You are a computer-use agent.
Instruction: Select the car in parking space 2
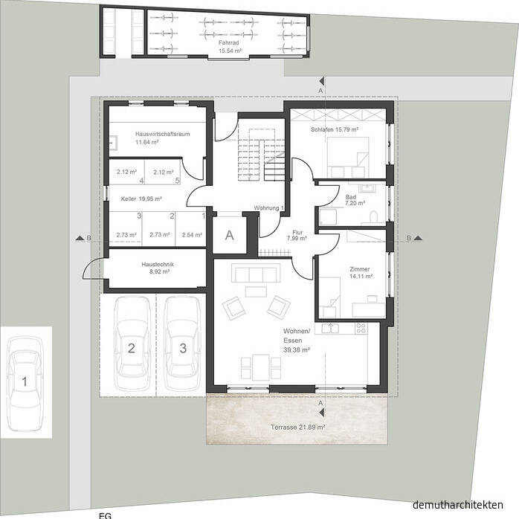(x=131, y=346)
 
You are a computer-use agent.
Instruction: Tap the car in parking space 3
(x=182, y=346)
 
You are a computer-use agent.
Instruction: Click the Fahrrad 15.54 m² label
(x=228, y=47)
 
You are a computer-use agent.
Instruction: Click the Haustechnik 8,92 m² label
(x=155, y=268)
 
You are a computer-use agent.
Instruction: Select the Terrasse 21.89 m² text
(x=297, y=428)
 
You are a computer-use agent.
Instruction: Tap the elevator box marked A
(x=229, y=236)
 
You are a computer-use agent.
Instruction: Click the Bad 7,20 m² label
(x=355, y=199)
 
